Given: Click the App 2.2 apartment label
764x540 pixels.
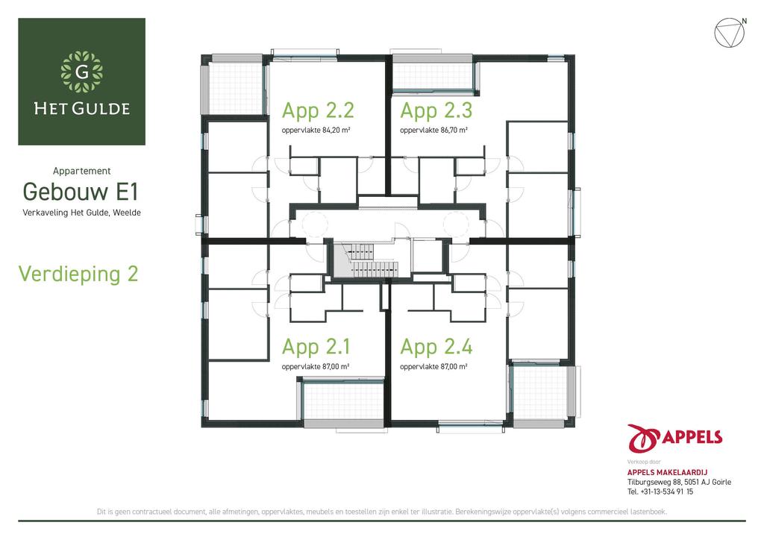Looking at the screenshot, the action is (318, 110).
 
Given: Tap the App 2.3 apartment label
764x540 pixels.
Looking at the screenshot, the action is (436, 110).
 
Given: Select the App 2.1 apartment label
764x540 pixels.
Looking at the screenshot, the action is (316, 347).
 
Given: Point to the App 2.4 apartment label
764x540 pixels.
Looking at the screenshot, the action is (436, 347).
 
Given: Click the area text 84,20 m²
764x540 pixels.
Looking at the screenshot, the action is (336, 130).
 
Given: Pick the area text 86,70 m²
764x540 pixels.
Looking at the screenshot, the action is (454, 130).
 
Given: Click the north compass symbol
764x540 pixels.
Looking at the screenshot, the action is (730, 33).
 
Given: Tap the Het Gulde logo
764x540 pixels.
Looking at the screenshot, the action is (82, 82).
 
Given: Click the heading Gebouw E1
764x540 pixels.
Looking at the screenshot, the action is (81, 192).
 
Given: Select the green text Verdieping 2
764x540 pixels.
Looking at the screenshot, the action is (78, 274).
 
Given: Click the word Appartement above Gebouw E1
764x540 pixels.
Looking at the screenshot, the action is (82, 171).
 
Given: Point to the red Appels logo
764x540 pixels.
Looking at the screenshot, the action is (674, 439).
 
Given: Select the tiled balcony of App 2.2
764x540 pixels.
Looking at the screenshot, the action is (236, 88).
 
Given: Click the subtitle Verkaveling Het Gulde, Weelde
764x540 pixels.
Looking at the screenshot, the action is (82, 213).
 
